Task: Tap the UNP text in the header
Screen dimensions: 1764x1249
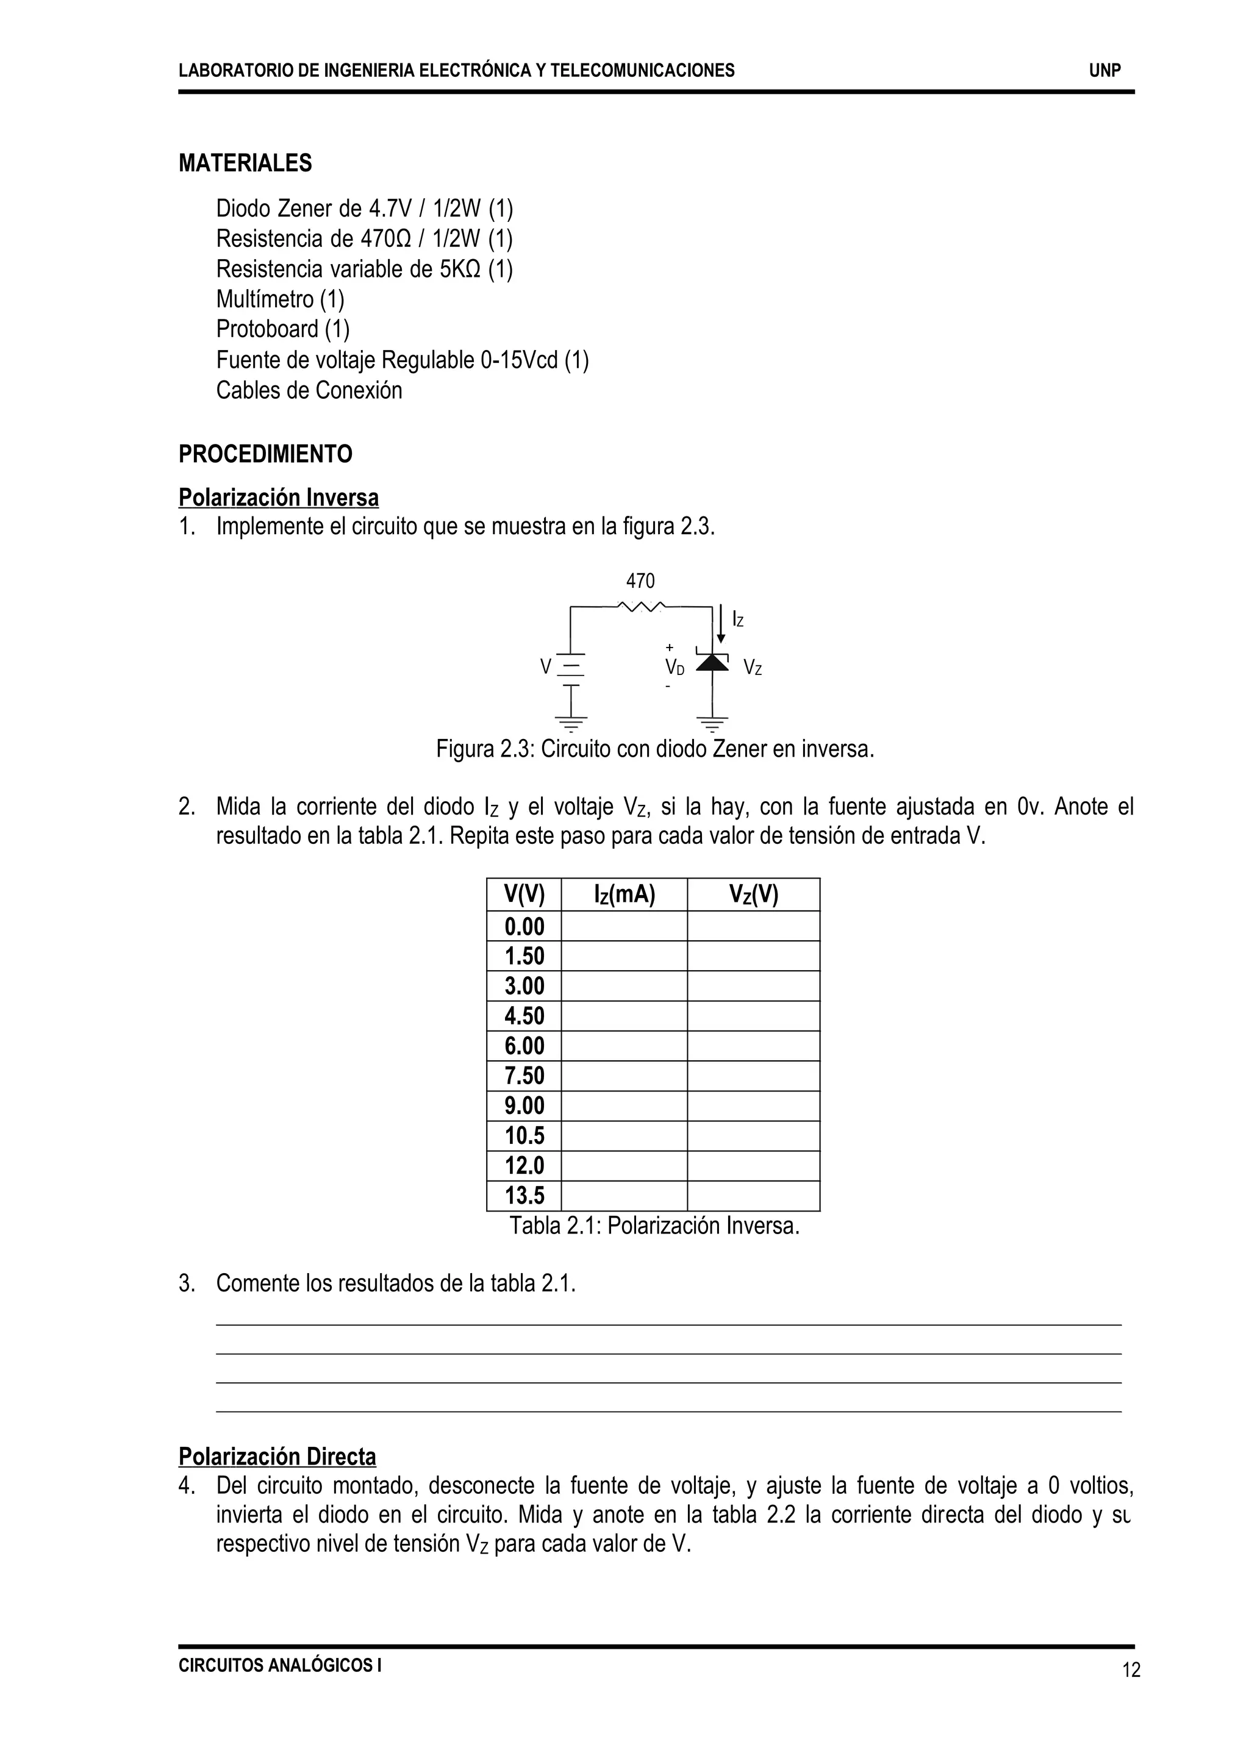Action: [x=1104, y=71]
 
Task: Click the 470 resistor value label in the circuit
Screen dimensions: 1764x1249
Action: [x=640, y=580]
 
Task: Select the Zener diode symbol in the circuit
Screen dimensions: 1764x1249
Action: [x=712, y=662]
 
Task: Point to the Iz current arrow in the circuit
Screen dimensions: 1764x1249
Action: [x=721, y=623]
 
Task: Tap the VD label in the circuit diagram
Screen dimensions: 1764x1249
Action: [x=675, y=666]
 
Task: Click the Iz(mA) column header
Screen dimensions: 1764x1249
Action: [x=624, y=894]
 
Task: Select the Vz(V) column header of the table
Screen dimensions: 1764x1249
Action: [x=753, y=894]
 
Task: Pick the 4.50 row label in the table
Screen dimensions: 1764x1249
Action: [x=524, y=1015]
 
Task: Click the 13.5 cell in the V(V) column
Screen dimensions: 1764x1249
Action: [x=524, y=1195]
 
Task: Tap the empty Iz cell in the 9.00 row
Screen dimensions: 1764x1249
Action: [x=624, y=1105]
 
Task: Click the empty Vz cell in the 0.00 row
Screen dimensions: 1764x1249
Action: [x=753, y=925]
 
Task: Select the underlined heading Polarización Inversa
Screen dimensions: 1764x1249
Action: [x=279, y=498]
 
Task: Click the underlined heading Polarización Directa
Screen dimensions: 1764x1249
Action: [x=277, y=1457]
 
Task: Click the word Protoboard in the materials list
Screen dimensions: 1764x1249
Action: [x=267, y=329]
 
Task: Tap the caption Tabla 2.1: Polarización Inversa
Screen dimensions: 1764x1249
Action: [x=654, y=1226]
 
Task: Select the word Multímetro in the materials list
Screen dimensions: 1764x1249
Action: [x=265, y=299]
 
